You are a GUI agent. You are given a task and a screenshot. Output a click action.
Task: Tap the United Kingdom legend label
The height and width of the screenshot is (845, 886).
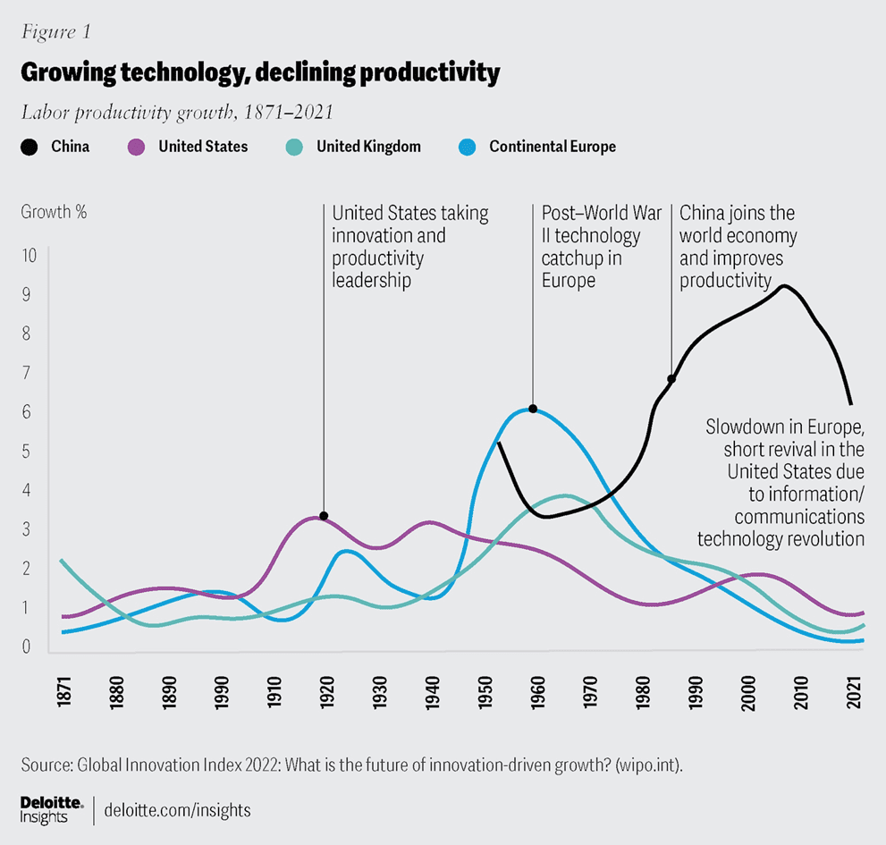(x=368, y=147)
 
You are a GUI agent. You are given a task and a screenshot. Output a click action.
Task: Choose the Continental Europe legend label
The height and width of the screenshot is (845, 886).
(x=552, y=147)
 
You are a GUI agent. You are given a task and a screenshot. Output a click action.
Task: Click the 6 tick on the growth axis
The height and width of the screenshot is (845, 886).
(x=30, y=412)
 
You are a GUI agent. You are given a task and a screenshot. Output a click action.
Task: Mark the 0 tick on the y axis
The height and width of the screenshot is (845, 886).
(x=30, y=646)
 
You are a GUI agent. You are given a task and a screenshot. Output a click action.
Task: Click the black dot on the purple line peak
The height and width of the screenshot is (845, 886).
(x=324, y=516)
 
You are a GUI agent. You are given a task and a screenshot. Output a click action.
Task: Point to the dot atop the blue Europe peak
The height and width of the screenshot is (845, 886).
(x=533, y=409)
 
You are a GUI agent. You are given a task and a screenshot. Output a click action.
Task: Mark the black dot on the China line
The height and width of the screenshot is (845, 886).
(x=671, y=379)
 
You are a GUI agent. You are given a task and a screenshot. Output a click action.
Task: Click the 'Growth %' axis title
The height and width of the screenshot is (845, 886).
(x=54, y=214)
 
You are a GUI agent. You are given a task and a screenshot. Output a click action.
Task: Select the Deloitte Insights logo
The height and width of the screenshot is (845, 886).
(x=52, y=807)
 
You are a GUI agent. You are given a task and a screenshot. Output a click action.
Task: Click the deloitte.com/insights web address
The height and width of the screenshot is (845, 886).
(x=177, y=810)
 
